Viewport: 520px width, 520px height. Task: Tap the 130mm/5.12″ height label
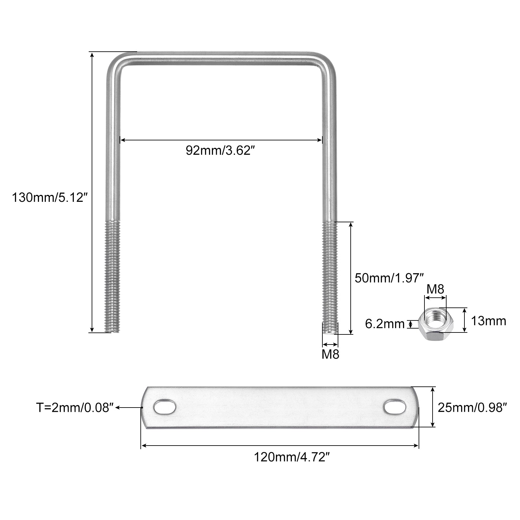50,198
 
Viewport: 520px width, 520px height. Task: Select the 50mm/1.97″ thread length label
389,278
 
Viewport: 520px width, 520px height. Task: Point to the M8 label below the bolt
330,354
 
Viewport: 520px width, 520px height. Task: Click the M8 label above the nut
435,289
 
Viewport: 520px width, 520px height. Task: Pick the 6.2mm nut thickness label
385,324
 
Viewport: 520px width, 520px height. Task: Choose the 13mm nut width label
488,321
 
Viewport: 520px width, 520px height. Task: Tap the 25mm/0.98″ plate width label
473,407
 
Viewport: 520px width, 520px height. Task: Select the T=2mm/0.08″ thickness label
75,408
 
